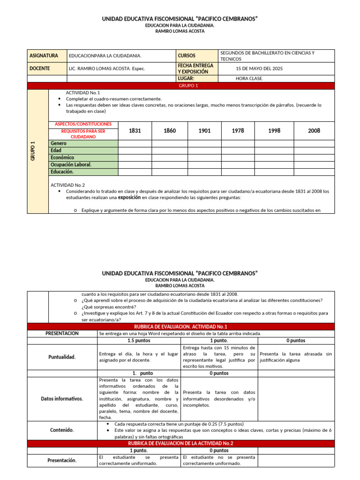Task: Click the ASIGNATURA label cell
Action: pos(44,56)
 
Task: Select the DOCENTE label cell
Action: pos(40,68)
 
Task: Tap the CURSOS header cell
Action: pos(187,56)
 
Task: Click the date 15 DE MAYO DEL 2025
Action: pos(259,68)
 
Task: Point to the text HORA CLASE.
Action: pos(249,79)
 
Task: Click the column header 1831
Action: pos(135,131)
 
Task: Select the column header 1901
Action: pos(204,131)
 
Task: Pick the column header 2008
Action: pos(314,131)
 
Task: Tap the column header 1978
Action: pos(238,131)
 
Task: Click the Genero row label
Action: pos(59,143)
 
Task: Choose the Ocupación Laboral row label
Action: pos(71,165)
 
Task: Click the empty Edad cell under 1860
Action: pos(170,150)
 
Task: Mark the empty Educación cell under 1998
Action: pos(274,172)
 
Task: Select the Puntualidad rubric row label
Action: pos(62,357)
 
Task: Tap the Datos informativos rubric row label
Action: pos(62,398)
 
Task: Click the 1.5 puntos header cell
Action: pos(138,341)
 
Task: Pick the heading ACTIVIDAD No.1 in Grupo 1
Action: pos(83,93)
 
